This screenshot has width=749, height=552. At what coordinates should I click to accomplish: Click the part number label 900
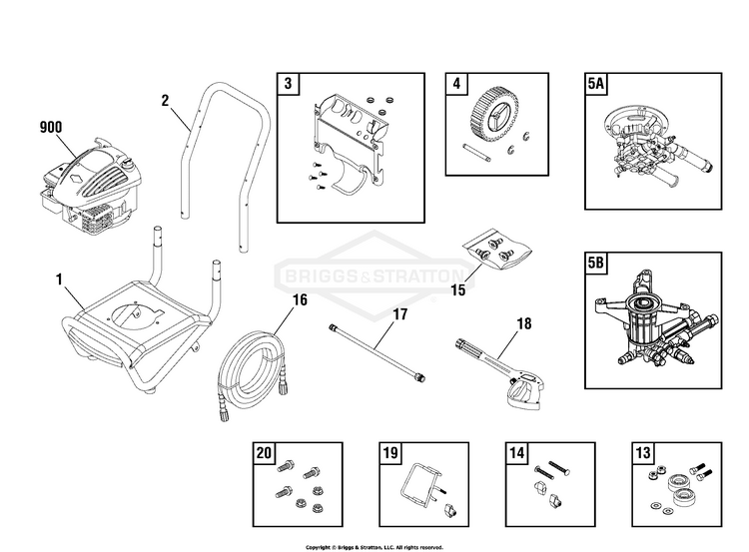[x=50, y=127]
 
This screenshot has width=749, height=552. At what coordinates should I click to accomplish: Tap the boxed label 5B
[x=597, y=266]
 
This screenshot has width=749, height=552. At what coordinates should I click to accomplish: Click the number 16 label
[x=300, y=298]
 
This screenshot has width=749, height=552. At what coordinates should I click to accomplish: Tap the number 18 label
[x=524, y=322]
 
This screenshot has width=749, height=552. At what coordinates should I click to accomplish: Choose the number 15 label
[x=458, y=290]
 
